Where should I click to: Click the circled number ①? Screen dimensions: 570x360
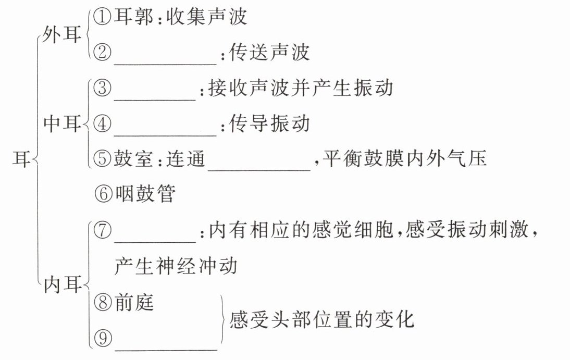(x=102, y=17)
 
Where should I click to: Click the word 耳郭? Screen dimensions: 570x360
(x=133, y=17)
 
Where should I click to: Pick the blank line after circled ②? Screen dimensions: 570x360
(x=165, y=64)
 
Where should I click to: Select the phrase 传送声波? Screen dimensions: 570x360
(x=269, y=53)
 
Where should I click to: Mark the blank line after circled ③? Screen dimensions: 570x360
(x=155, y=100)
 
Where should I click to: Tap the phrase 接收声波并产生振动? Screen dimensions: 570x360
(x=301, y=88)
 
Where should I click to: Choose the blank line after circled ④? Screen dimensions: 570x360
(x=165, y=135)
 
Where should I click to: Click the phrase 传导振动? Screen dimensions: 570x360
(x=269, y=123)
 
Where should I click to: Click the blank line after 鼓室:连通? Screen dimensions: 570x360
(x=259, y=169)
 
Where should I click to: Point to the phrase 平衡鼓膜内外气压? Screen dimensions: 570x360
(x=405, y=158)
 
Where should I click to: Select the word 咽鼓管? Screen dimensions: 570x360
(x=145, y=193)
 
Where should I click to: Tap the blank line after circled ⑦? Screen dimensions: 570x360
(x=155, y=241)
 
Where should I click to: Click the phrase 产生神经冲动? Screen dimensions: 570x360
(x=176, y=266)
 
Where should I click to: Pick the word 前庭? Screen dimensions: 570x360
(x=134, y=302)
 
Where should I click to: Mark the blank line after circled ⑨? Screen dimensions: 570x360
(x=166, y=350)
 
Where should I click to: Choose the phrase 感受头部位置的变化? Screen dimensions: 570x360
(x=321, y=320)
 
